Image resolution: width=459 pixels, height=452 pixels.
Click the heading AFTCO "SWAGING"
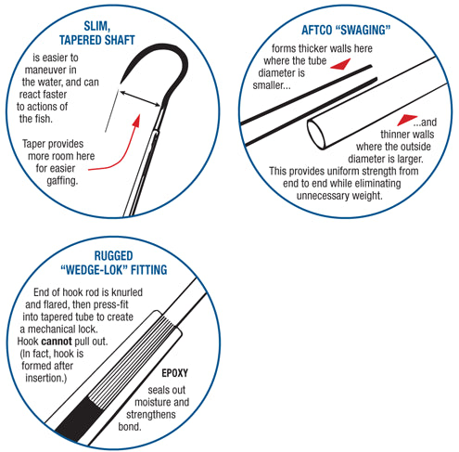pos(346,30)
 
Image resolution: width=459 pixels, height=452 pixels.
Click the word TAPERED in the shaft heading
pos(80,40)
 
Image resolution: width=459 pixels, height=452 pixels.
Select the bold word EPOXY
pos(174,373)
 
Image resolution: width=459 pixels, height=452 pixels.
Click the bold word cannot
pos(57,342)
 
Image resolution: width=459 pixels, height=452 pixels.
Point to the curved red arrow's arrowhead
pos(136,121)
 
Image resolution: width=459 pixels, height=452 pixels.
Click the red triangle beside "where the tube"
pos(340,64)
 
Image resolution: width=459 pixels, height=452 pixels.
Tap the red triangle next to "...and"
pos(407,120)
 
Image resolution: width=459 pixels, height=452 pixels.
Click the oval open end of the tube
pos(316,135)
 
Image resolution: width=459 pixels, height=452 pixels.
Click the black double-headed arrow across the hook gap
pos(140,98)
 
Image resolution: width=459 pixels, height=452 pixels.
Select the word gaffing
pos(62,181)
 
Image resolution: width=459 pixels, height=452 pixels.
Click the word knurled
pos(127,292)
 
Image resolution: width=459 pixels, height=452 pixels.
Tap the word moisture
pos(149,402)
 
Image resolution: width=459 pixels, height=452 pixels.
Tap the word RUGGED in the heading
pos(113,256)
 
